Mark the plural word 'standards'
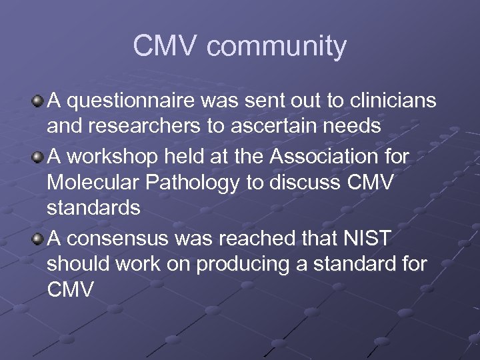point(93,208)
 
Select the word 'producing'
point(233,263)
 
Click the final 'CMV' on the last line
point(71,289)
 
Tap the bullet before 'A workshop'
point(37,156)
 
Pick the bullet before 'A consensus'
point(37,237)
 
